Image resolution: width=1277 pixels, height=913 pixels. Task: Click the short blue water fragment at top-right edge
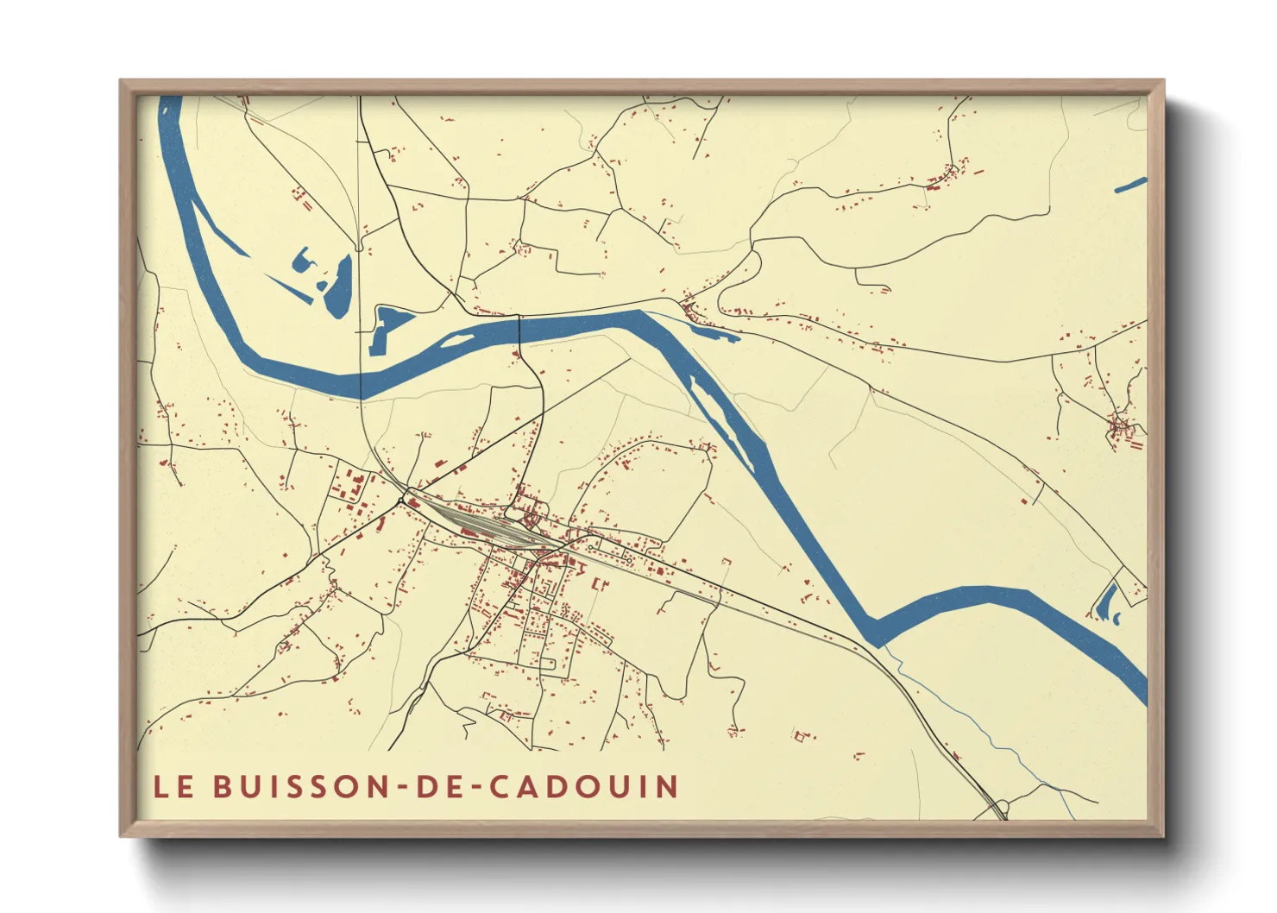(1130, 185)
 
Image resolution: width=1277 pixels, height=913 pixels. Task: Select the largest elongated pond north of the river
(338, 287)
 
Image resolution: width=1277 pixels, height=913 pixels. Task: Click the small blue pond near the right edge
(1107, 601)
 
